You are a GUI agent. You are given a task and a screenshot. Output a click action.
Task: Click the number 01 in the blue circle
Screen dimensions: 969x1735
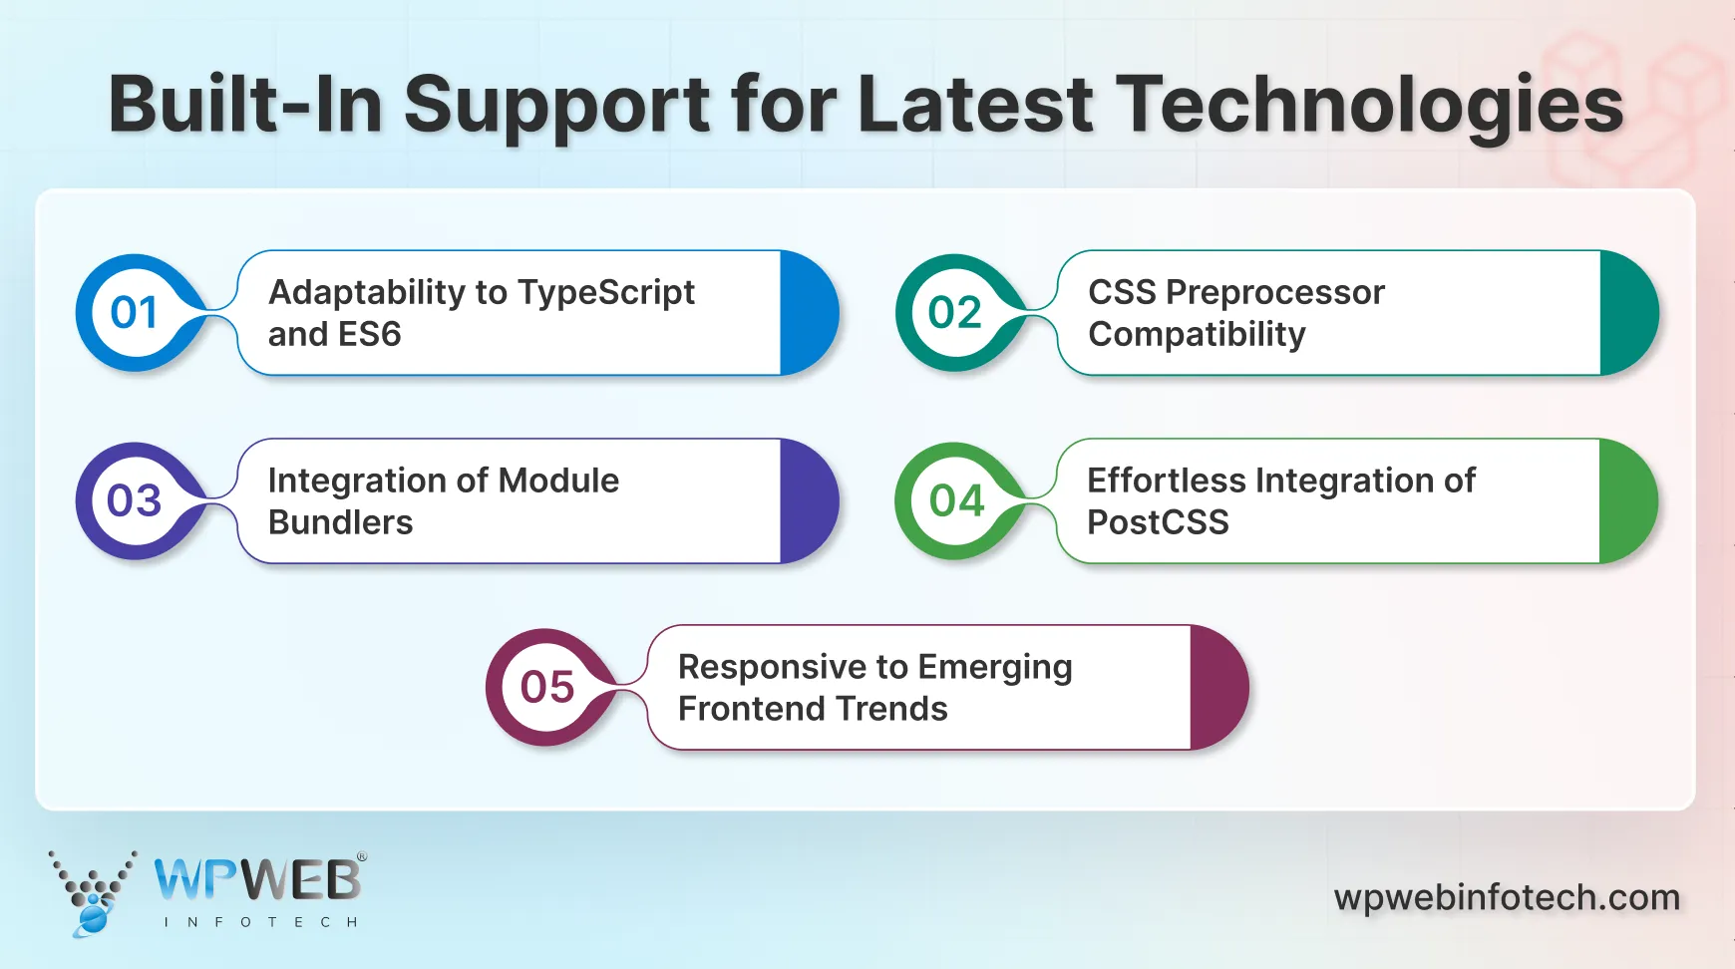[x=134, y=313]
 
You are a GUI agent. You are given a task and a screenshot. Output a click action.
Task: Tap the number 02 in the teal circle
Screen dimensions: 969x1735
[x=954, y=313]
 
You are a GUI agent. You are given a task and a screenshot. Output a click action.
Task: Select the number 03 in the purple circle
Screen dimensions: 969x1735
[x=134, y=500]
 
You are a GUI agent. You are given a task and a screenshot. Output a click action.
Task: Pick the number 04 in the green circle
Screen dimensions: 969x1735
[x=956, y=500]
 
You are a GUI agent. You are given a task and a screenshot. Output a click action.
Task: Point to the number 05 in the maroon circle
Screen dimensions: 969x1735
[x=546, y=687]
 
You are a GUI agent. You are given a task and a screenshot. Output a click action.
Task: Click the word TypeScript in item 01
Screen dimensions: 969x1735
[x=606, y=293]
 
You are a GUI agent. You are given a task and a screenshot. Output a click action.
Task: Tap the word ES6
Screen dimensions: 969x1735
[x=370, y=334]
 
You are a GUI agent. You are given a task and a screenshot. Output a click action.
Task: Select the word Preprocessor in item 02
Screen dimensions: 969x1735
[x=1274, y=293]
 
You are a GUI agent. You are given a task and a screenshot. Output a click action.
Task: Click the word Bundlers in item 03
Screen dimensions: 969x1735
[x=340, y=522]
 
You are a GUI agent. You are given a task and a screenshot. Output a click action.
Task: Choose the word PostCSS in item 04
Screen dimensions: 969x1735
[x=1158, y=522]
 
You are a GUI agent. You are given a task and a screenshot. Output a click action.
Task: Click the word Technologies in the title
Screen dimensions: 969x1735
[x=1369, y=106]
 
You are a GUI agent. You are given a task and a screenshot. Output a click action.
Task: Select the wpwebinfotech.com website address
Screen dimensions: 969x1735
[x=1507, y=897]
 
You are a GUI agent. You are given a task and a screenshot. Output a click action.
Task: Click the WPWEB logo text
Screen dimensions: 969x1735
[x=257, y=880]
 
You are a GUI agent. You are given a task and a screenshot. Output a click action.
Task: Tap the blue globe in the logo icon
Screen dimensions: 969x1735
[x=92, y=917]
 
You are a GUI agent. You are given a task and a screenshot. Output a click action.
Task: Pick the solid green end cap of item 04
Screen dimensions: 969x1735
[x=1627, y=500]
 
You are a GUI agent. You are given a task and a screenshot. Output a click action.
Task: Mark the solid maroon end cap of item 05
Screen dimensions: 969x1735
[x=1217, y=687]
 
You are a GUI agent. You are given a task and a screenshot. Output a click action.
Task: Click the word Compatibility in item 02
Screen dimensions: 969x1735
[x=1197, y=335]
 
